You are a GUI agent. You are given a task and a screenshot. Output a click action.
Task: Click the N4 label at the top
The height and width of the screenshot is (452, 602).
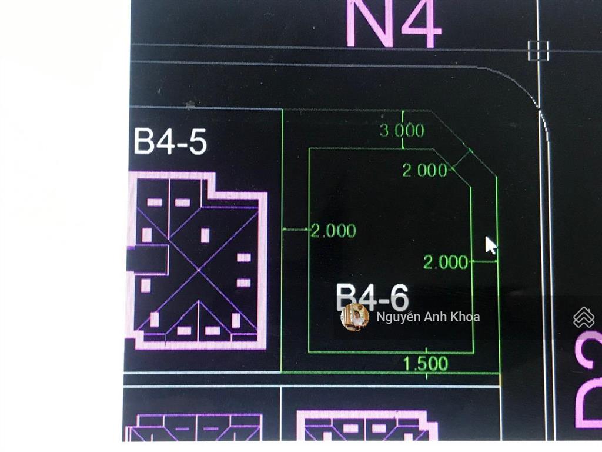coord(393,24)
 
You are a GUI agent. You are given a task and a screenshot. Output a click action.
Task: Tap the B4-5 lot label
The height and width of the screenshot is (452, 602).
coord(170,142)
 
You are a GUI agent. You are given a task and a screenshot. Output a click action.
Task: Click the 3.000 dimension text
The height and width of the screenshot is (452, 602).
coord(402,130)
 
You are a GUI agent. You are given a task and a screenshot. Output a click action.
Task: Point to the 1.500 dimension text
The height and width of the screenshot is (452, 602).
coord(426,364)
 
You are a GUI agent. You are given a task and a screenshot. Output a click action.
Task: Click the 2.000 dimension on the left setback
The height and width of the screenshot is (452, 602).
coord(333,231)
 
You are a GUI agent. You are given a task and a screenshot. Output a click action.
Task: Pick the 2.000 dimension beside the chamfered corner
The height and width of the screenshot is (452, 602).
coord(424,171)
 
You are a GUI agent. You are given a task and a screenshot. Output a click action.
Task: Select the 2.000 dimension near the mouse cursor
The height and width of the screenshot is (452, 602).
coord(446,262)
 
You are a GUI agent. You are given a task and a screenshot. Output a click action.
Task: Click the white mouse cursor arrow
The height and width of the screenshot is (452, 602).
coord(490,245)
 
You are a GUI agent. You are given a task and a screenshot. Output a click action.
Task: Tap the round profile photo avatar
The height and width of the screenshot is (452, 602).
coord(355,317)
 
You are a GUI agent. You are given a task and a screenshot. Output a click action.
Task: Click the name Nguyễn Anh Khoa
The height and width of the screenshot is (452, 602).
coord(428,317)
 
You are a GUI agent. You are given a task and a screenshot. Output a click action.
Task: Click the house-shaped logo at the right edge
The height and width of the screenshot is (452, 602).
coord(583,317)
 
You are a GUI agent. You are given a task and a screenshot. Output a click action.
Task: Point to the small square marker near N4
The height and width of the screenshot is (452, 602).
coord(538,51)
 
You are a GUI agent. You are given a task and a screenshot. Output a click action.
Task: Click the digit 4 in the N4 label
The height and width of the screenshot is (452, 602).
coord(419,24)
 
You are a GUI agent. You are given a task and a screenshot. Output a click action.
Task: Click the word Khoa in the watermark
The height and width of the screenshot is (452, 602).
coord(465,317)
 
